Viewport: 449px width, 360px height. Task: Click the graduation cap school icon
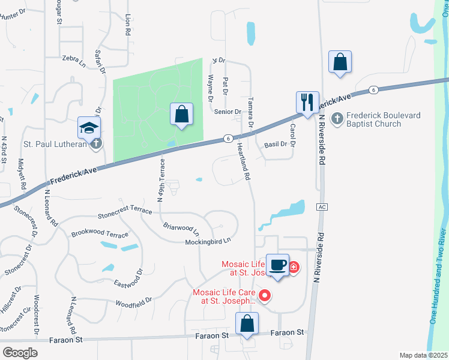89,128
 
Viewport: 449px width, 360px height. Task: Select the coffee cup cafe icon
277,265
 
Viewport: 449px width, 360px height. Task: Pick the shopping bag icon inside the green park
181,114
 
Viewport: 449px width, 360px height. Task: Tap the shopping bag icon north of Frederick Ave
340,61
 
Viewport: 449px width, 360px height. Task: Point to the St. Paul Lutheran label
53,143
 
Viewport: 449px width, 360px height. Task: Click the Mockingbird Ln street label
207,241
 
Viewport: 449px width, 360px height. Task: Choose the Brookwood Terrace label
100,233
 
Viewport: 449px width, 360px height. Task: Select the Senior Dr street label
227,112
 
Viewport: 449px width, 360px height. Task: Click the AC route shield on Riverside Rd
323,206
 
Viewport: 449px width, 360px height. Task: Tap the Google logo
20,353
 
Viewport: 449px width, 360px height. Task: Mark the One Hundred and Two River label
437,276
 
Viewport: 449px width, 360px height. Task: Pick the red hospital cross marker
294,267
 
